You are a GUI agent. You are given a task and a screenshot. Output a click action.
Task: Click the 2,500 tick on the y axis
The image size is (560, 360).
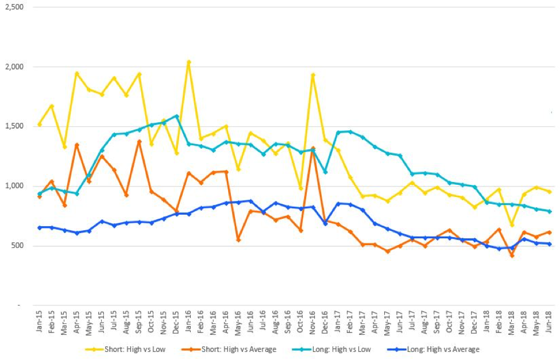coord(15,7)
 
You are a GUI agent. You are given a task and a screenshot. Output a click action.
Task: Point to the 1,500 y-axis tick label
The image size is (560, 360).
coord(15,126)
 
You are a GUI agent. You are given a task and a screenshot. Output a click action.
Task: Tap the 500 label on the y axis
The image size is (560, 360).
coord(18,246)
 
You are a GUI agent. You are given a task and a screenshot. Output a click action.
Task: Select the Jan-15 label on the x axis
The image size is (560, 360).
coord(39,327)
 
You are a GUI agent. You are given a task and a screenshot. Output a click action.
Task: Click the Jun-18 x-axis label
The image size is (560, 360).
coord(550,327)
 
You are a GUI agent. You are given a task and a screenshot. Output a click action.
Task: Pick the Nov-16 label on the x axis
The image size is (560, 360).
coord(313,327)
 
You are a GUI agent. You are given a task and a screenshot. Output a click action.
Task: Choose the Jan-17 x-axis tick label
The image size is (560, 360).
coord(338,327)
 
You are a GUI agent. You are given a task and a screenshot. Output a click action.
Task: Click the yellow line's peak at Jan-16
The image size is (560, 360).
coord(189,62)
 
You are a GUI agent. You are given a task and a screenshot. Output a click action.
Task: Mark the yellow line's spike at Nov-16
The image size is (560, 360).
coord(313,75)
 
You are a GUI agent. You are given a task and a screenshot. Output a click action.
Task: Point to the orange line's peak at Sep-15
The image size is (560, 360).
coord(139,141)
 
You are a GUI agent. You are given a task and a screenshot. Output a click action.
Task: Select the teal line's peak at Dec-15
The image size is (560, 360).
coord(176,116)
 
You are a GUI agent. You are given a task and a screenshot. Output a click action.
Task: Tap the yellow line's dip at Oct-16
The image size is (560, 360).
coord(300,188)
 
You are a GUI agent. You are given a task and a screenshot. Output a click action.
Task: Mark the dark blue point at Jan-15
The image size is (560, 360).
coord(40,227)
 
